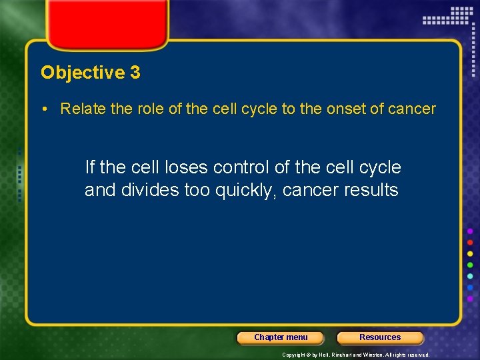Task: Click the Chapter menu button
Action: point(281,337)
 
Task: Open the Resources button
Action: point(380,337)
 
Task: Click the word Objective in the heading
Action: point(82,73)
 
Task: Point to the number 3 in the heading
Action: point(135,73)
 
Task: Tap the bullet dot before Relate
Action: point(50,109)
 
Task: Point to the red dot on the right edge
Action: point(470,243)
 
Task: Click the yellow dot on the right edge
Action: point(470,254)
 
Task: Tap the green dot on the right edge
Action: point(470,265)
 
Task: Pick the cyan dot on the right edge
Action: point(470,277)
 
